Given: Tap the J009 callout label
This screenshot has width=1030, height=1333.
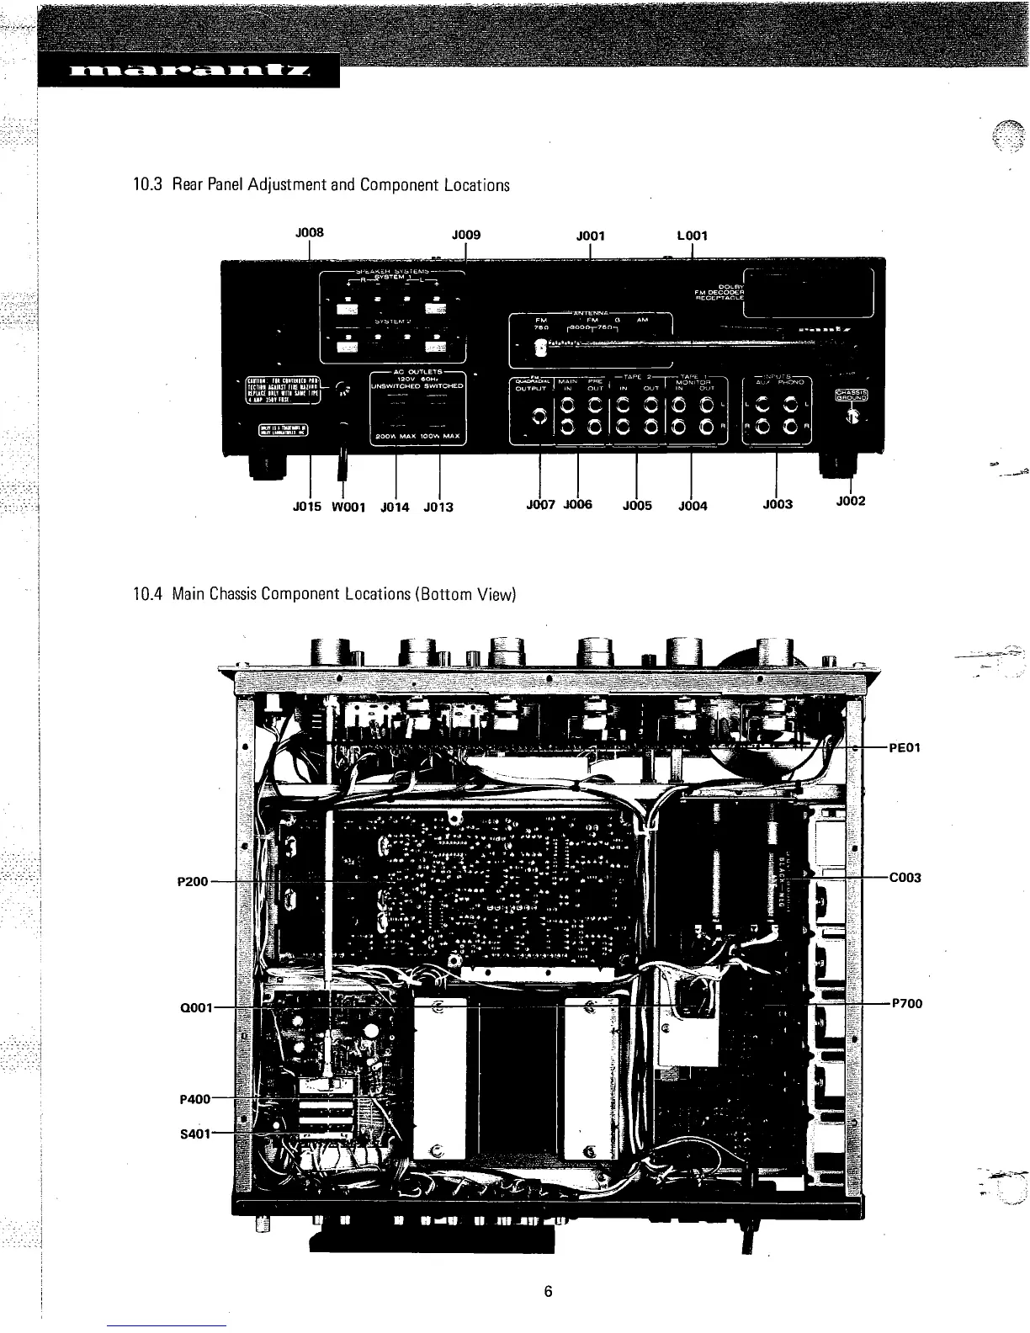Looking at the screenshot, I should pos(465,235).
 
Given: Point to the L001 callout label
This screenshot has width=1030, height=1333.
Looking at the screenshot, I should pos(691,236).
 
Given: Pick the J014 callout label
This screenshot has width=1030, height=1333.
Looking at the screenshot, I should pos(395,507).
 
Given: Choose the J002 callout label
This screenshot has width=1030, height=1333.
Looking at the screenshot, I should pos(851,502).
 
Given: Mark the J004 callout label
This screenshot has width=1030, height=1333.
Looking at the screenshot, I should pos(693,506).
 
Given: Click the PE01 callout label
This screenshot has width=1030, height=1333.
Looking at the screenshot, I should pos(905,746).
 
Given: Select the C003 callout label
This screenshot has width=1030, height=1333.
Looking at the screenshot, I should pos(905,878).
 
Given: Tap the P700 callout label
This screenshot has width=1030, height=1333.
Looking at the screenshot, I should pos(907,1003).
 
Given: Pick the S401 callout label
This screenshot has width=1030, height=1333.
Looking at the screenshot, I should pos(195,1133).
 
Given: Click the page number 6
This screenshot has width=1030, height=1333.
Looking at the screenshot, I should pos(547,1293).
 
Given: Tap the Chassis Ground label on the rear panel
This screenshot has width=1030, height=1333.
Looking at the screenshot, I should pos(852,396).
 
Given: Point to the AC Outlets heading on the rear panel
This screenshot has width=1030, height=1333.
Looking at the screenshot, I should pos(417,371).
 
